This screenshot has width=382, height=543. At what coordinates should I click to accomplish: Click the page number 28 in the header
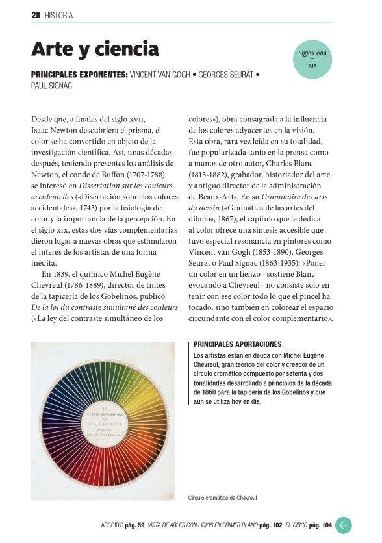[x=36, y=15]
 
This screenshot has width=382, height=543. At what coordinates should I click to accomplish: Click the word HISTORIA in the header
[x=58, y=15]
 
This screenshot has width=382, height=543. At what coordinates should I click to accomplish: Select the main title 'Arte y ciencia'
[x=95, y=48]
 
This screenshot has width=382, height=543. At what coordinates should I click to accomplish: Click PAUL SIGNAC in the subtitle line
[x=51, y=86]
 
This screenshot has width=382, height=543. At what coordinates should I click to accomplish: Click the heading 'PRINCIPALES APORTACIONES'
[x=237, y=344]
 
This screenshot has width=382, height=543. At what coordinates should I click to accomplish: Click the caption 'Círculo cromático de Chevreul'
[x=222, y=498]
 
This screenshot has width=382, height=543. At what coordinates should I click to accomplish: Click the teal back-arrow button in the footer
[x=344, y=525]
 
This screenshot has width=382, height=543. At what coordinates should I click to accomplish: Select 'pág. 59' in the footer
[x=134, y=525]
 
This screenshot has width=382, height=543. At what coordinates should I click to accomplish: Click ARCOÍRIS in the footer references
[x=107, y=525]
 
